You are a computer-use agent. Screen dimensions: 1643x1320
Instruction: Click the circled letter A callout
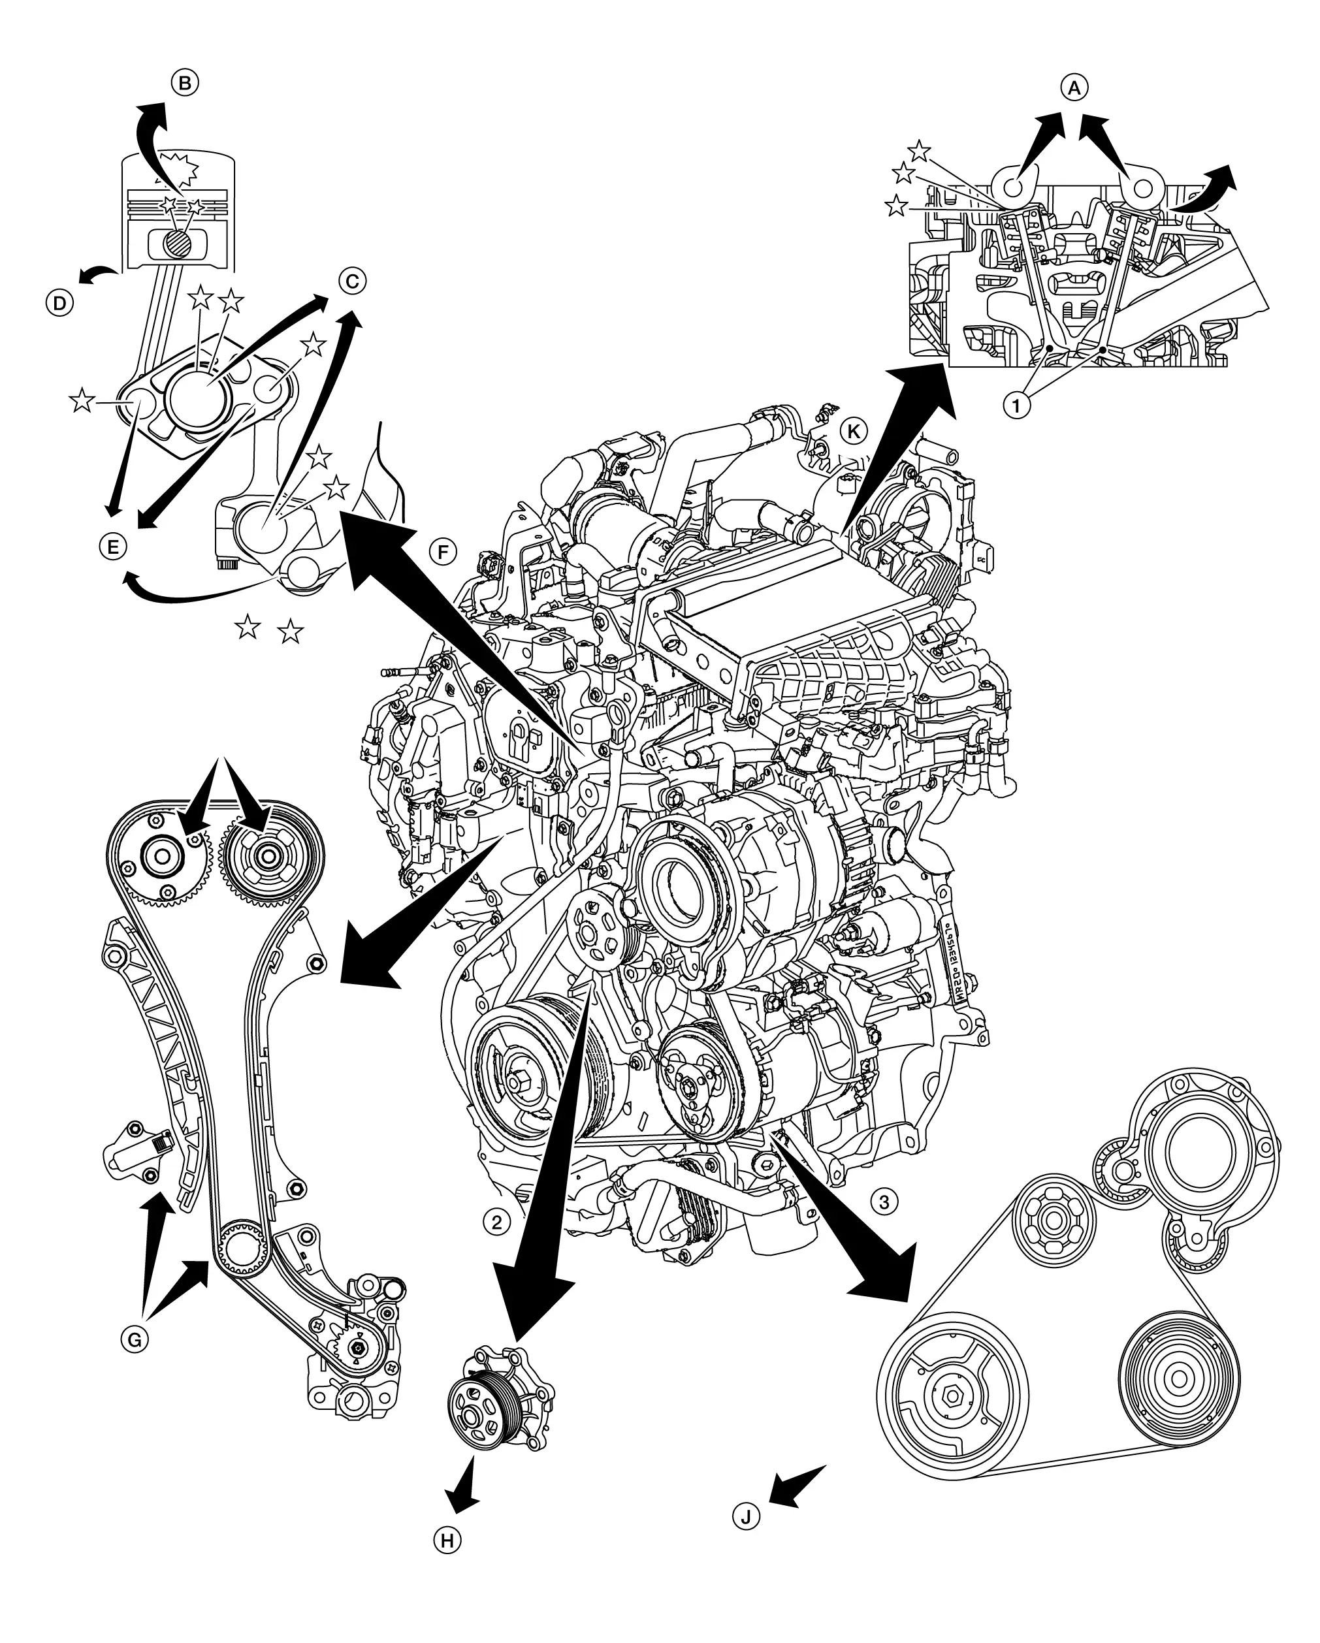tap(1073, 88)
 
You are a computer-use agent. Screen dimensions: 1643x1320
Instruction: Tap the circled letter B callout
tap(184, 82)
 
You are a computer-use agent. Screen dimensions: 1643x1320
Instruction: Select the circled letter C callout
tap(351, 281)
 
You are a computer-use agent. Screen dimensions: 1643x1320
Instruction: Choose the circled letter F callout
tap(443, 551)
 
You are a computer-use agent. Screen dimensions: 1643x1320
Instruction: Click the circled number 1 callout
tap(1016, 406)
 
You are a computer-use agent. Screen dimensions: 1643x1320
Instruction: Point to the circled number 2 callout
tap(496, 1222)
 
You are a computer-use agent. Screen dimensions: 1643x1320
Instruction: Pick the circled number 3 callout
tap(884, 1202)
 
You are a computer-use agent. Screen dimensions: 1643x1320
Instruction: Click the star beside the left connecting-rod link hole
tap(82, 399)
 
